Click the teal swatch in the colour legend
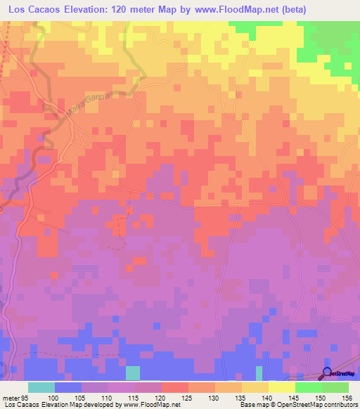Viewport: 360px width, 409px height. coord(41,387)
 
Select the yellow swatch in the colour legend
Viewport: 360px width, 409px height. coord(281,387)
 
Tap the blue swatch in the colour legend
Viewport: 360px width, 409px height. coord(68,387)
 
